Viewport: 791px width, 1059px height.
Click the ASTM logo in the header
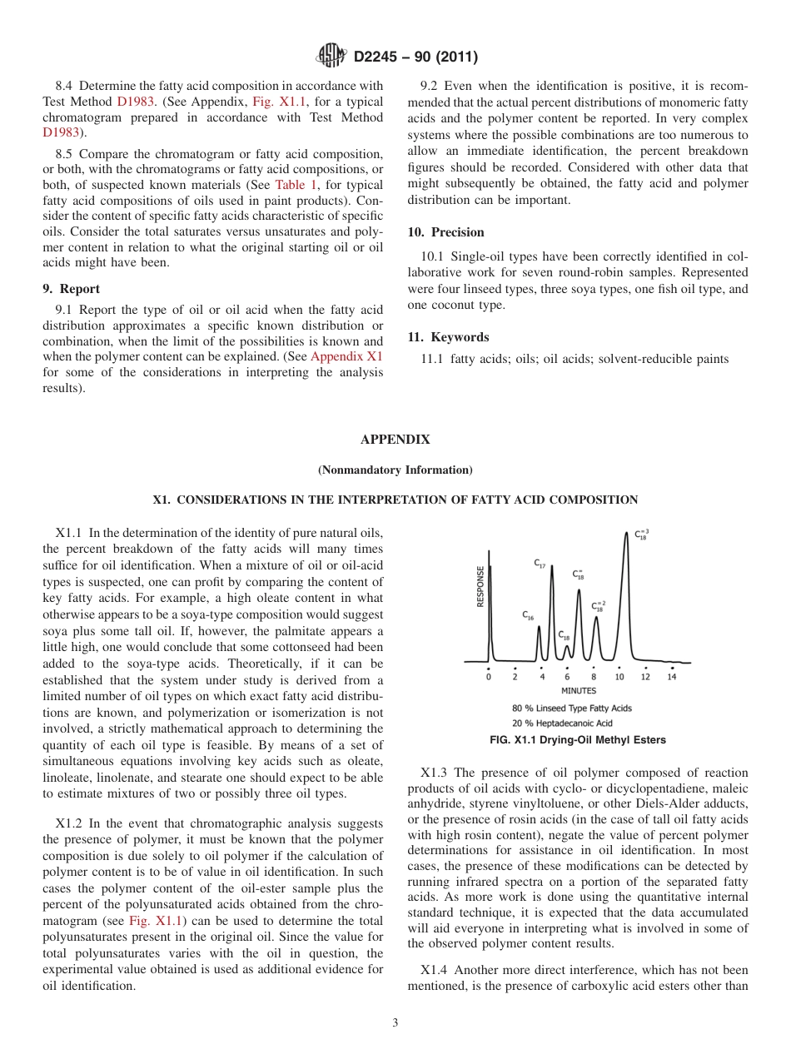331,57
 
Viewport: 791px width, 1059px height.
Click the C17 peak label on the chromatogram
540,564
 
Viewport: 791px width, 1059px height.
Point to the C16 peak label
528,615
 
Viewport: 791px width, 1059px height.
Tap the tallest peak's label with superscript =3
642,535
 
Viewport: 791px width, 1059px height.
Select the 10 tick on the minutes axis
619,677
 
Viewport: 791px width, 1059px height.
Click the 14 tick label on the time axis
672,677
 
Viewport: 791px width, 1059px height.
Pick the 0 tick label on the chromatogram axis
489,677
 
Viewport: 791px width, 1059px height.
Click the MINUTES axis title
578,691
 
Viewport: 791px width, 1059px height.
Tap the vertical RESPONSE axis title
480,586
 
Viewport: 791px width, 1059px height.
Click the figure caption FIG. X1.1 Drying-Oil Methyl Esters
578,739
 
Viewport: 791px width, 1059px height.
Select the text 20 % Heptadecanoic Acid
562,723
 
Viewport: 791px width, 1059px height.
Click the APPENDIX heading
395,440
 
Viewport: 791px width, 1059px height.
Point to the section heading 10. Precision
445,232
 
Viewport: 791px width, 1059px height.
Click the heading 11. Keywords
448,337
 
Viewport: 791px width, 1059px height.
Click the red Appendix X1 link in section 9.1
346,356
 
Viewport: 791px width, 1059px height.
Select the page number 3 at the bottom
395,1023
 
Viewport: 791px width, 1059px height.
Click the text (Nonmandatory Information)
395,470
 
